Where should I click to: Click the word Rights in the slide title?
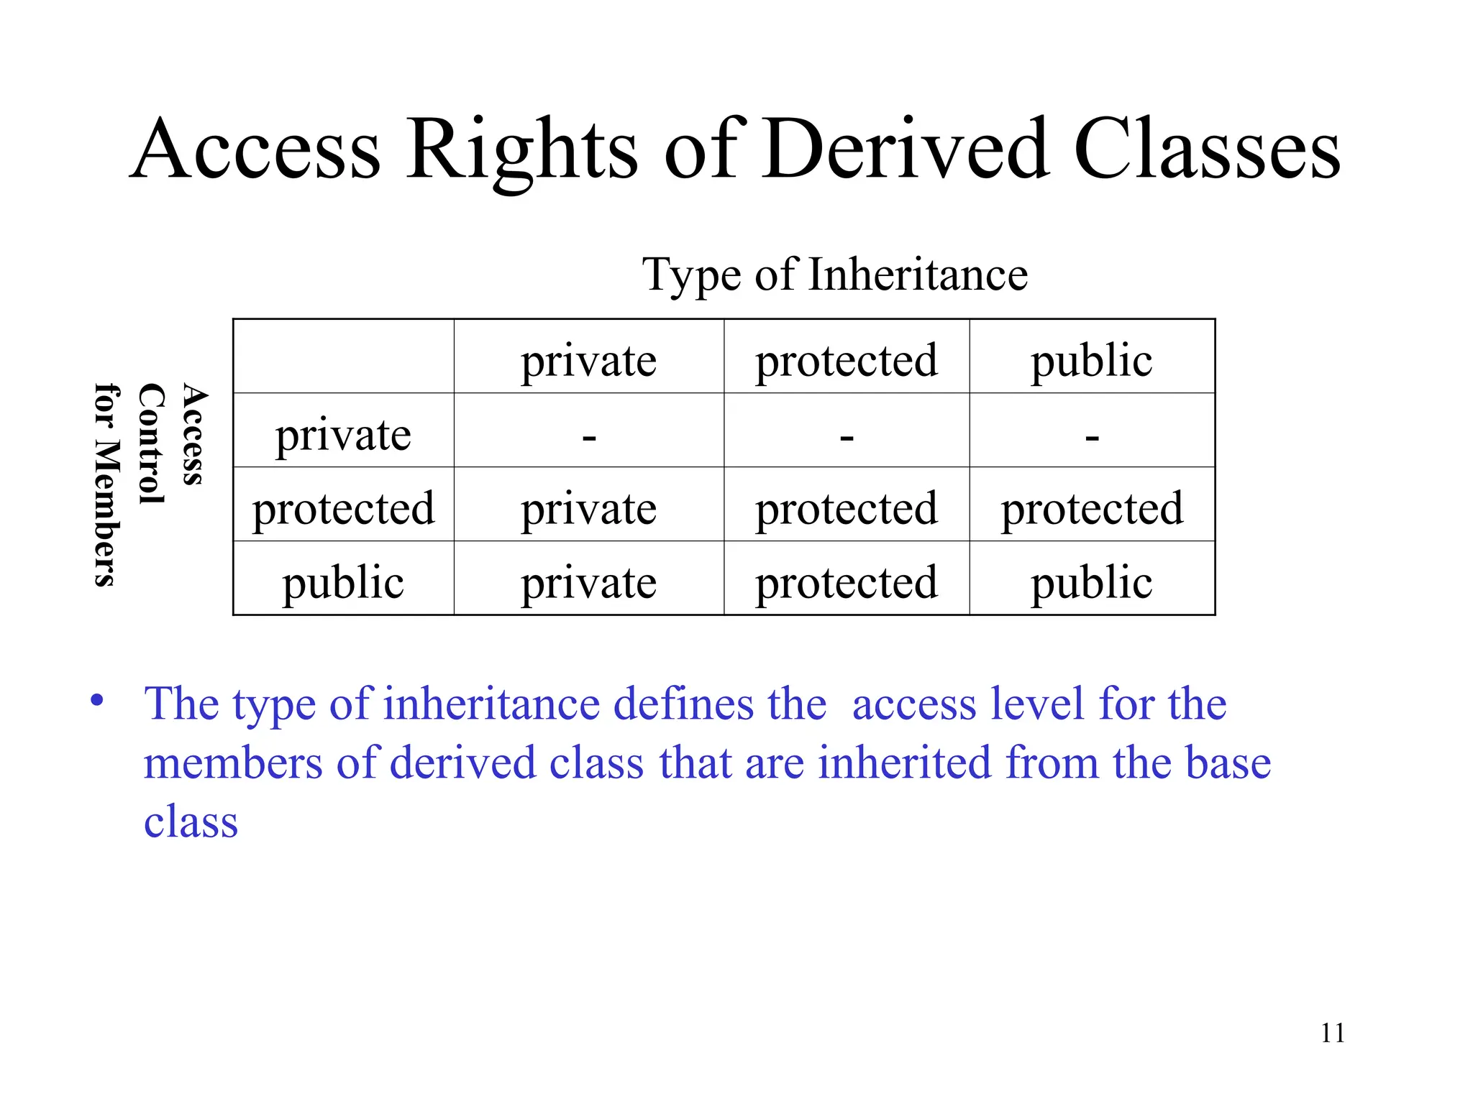point(521,151)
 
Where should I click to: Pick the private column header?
point(588,360)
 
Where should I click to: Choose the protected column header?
point(847,360)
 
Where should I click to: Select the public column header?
point(1091,360)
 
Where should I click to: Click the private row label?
point(343,435)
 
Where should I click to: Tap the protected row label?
point(343,509)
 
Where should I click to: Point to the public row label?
point(343,582)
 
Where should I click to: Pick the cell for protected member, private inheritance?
point(588,509)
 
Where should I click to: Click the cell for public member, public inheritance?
point(1091,582)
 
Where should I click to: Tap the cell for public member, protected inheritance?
point(847,582)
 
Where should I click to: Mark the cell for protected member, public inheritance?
point(1092,509)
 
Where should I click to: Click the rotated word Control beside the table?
point(151,443)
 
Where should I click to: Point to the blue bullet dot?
point(97,701)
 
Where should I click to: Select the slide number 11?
point(1332,1034)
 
